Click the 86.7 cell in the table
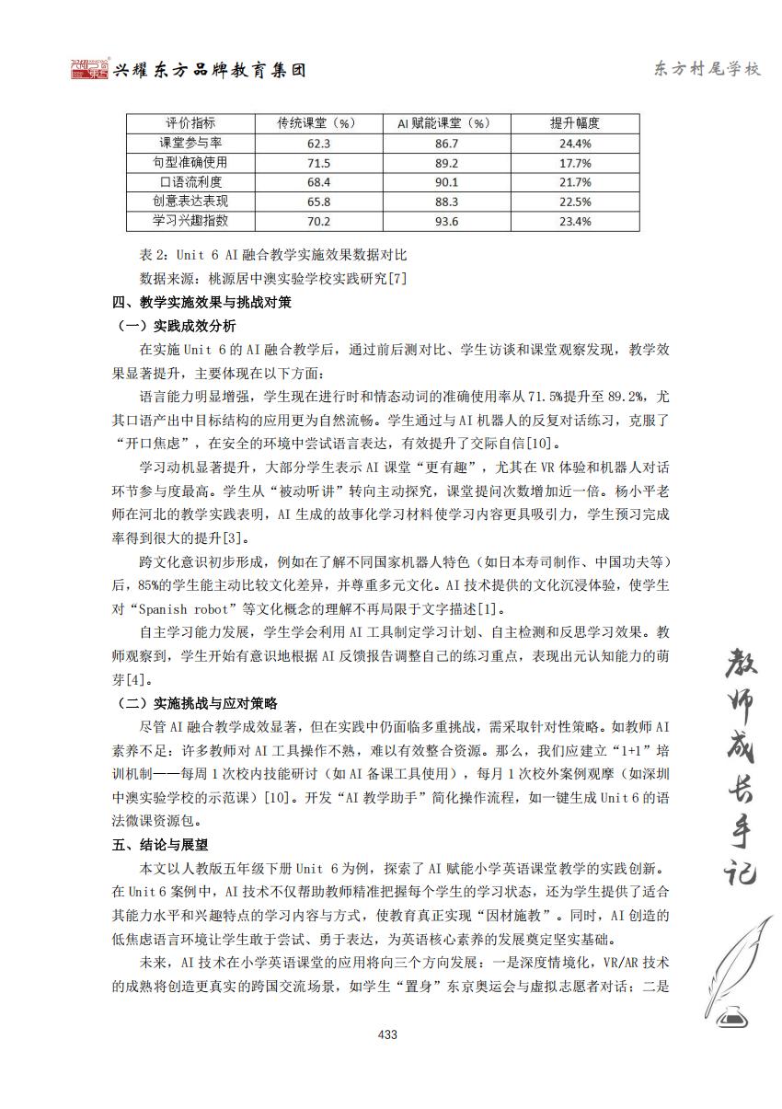[x=446, y=144]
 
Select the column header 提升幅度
[x=575, y=123]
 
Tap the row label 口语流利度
[x=190, y=182]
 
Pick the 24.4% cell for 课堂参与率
[x=575, y=144]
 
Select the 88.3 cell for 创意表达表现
[x=446, y=202]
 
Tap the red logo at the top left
[x=89, y=70]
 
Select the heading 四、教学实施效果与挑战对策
[x=201, y=302]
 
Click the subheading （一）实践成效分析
[x=177, y=326]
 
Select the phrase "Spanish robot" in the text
[x=190, y=608]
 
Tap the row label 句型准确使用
[x=190, y=163]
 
